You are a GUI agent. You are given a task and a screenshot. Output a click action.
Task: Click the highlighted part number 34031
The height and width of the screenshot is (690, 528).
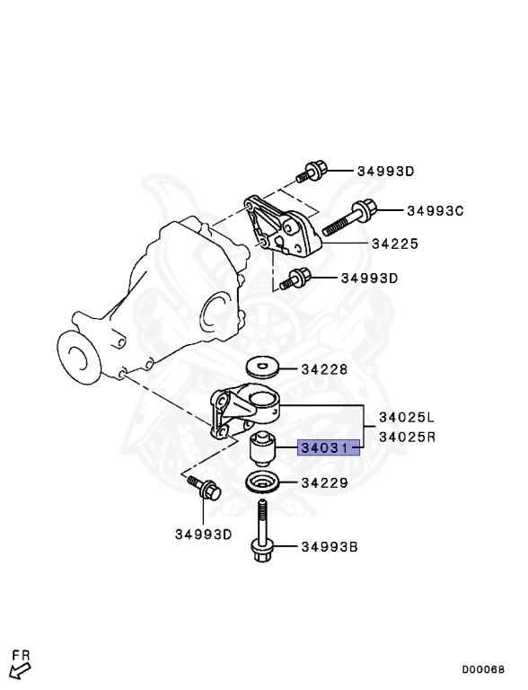coord(329,447)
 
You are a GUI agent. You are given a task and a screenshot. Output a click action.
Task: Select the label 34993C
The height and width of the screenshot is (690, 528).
coord(435,211)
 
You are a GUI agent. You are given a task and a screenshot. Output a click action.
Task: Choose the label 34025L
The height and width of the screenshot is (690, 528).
coord(406,418)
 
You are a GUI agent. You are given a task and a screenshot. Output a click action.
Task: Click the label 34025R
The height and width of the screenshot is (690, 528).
coord(406,438)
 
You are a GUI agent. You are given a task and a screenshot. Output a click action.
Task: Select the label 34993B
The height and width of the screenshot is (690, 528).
coord(330,545)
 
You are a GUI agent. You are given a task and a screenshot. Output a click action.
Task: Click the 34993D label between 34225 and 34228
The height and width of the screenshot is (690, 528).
coord(369,279)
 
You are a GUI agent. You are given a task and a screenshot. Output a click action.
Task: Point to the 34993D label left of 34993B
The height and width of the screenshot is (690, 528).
coord(203,535)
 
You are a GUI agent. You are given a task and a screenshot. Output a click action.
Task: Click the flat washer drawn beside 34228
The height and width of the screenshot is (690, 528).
coord(262,367)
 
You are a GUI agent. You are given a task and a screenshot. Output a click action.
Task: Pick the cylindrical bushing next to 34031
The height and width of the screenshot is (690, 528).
coord(264,447)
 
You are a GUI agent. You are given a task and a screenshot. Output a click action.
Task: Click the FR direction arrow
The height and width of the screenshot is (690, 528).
coord(19,664)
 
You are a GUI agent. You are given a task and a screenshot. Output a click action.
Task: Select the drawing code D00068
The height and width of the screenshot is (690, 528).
coord(483,669)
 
